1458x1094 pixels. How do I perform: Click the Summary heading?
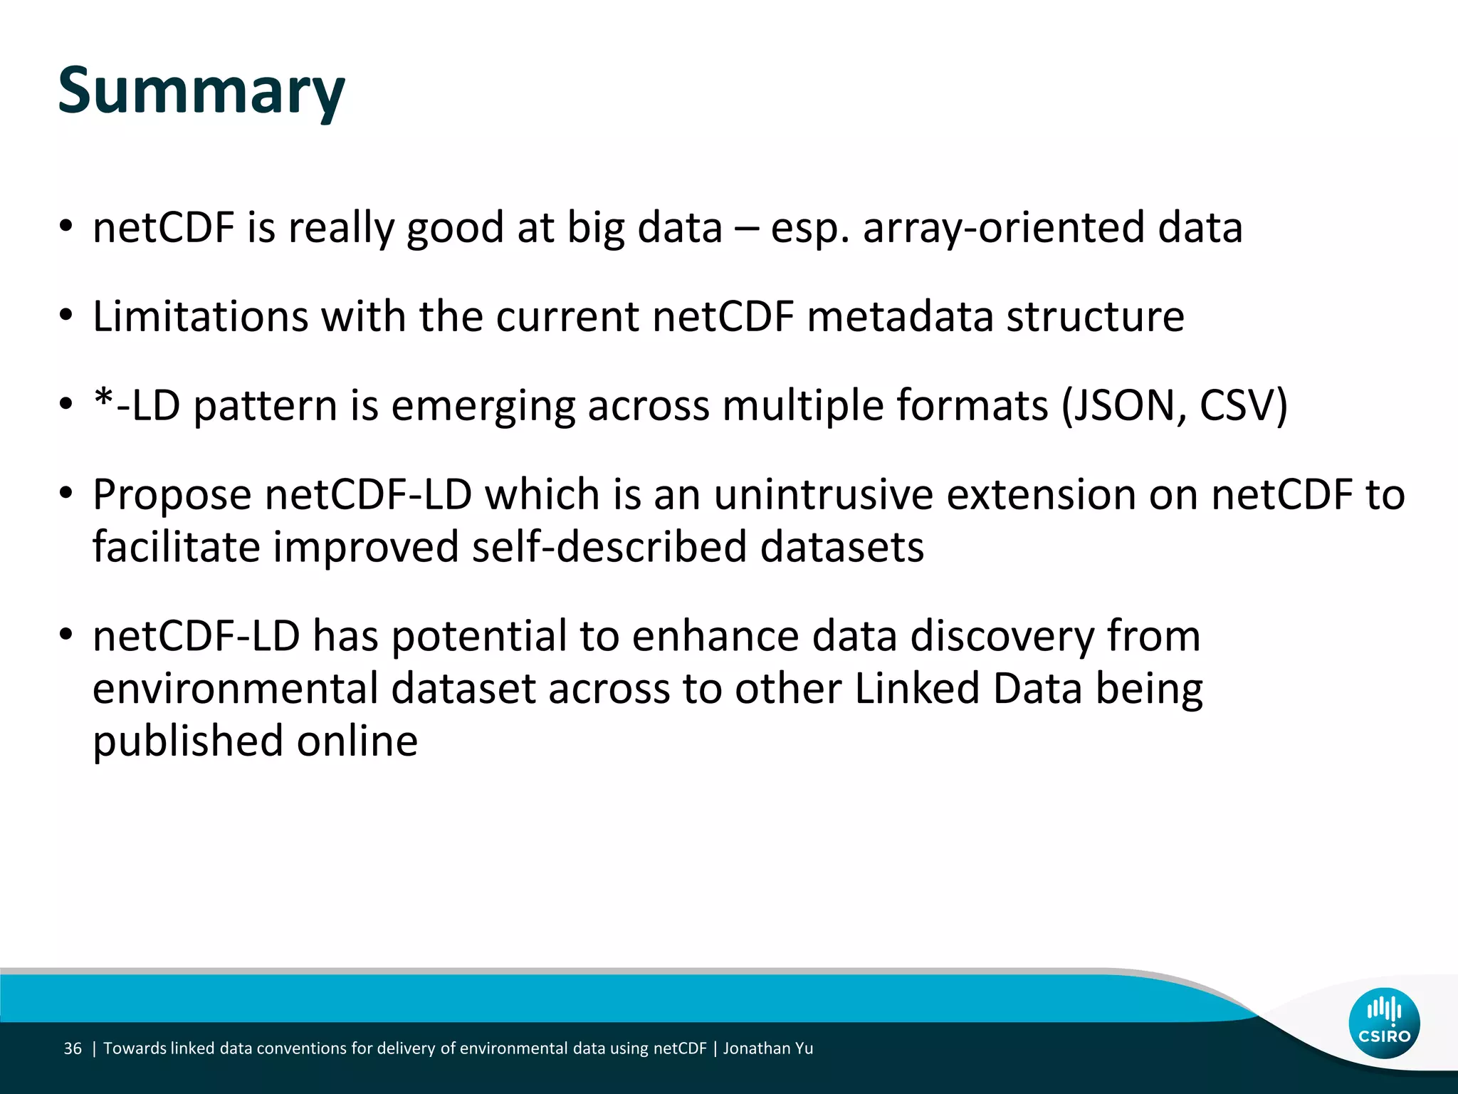click(x=201, y=90)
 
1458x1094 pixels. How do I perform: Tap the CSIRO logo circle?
click(x=1384, y=1023)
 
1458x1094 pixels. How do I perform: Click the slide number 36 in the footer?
click(x=73, y=1048)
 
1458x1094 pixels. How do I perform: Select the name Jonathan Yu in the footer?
click(x=768, y=1048)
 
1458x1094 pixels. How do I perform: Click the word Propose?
click(x=172, y=495)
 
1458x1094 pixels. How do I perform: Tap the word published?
click(x=187, y=741)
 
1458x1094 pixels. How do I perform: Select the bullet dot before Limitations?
click(x=66, y=316)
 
